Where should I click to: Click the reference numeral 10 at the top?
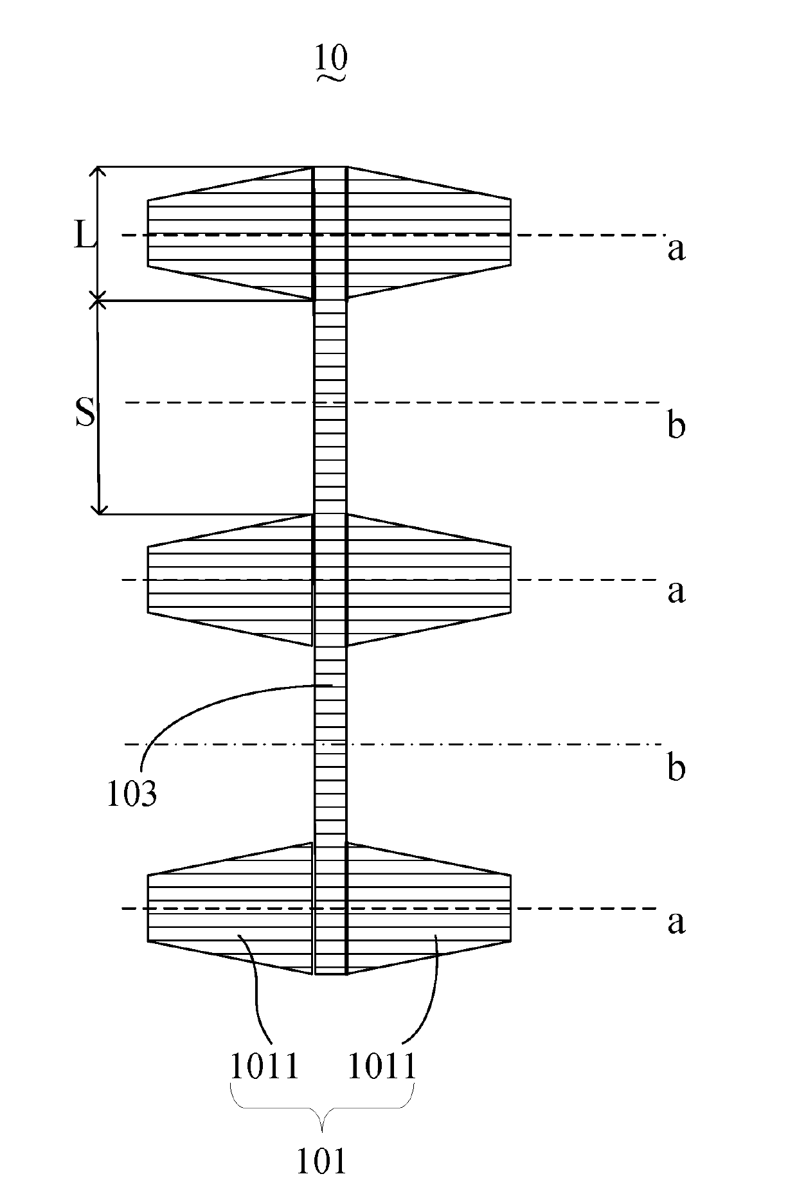(331, 58)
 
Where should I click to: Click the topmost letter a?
(676, 249)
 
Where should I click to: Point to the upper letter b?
(676, 425)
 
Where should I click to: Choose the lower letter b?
(676, 767)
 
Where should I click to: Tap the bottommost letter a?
(676, 922)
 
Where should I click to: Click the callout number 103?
(131, 794)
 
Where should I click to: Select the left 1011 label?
(265, 1068)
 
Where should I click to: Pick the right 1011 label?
(382, 1068)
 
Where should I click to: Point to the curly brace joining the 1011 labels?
(321, 1118)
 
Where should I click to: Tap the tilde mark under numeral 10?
(331, 78)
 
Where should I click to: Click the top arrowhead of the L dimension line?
(98, 170)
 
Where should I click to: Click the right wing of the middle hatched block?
(428, 580)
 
